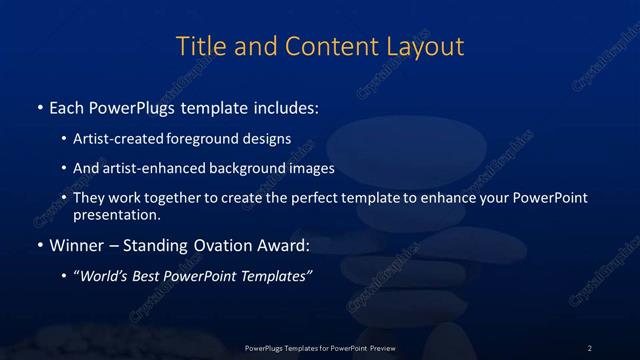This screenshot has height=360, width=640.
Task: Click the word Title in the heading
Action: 199,46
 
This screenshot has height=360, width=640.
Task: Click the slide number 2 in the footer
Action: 589,347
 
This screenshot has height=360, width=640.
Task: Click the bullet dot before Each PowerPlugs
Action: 38,105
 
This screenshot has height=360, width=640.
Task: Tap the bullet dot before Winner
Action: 38,245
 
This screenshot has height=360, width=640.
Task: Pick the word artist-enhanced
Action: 144,169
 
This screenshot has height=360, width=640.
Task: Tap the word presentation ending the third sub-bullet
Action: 116,214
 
